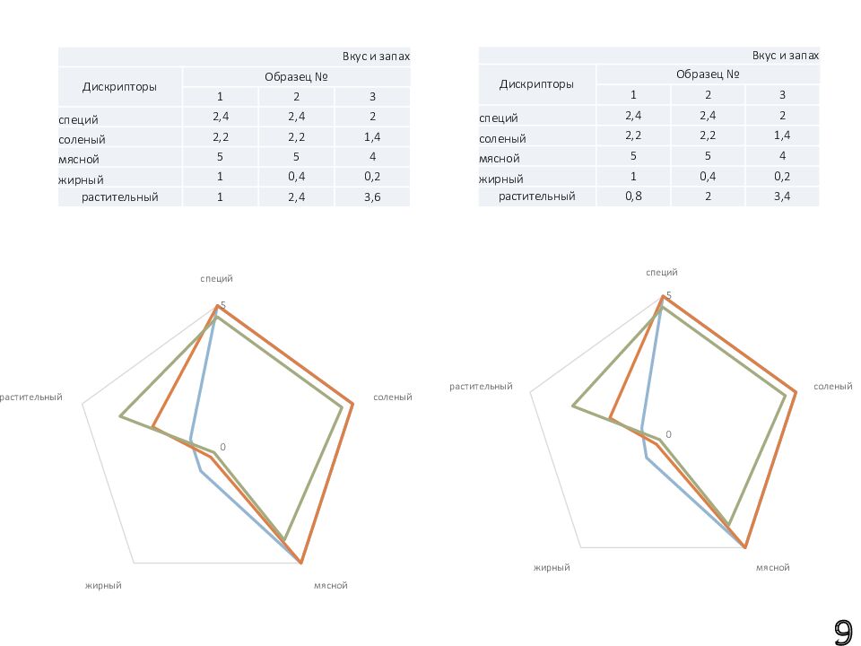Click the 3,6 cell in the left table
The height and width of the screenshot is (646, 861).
[372, 197]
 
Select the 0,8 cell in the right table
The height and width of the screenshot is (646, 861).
[633, 196]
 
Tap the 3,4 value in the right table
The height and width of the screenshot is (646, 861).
[782, 196]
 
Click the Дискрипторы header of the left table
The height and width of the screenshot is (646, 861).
[120, 87]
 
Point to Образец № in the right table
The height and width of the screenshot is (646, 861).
[708, 74]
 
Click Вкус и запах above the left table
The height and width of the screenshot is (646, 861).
[376, 56]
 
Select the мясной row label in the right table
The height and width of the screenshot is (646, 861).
[500, 157]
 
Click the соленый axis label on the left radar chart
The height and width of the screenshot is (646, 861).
[392, 397]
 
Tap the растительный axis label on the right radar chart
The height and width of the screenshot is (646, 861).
[481, 387]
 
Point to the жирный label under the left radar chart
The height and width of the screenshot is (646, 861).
[103, 586]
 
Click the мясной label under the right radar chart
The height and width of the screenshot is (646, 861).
[772, 568]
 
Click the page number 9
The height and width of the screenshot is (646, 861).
[843, 633]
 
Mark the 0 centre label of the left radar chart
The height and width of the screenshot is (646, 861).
[222, 447]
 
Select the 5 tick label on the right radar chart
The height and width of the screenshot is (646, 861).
[667, 296]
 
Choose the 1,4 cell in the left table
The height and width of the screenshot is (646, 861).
[372, 136]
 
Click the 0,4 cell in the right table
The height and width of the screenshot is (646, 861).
[708, 176]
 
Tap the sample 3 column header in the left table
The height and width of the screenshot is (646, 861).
[372, 96]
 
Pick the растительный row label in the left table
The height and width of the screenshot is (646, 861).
[120, 197]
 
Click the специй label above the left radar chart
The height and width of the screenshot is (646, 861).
[217, 280]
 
